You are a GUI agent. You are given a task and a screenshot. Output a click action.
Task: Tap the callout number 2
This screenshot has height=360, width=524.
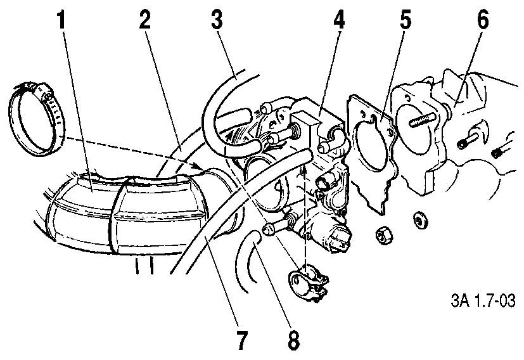(145, 20)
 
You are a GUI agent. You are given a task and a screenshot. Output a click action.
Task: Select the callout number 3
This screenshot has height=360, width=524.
(217, 20)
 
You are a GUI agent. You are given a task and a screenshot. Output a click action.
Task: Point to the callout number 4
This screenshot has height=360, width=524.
(339, 20)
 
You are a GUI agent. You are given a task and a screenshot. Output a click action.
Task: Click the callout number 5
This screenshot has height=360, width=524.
(405, 20)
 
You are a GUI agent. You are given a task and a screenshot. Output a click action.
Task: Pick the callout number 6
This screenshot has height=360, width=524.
(483, 20)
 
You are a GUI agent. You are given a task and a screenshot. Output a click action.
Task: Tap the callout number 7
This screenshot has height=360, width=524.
(241, 340)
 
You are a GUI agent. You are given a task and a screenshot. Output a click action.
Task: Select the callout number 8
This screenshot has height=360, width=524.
(293, 340)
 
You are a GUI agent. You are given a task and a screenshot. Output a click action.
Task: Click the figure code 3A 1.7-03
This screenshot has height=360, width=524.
(483, 300)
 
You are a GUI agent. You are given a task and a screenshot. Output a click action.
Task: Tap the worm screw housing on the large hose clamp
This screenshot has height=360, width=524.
(43, 90)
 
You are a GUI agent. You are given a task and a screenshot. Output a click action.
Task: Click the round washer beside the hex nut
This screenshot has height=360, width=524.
(420, 221)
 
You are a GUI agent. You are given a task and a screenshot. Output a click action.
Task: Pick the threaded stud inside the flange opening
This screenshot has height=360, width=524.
(422, 120)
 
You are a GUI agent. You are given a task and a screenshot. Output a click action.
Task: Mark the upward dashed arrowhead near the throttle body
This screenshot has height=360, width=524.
(304, 170)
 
